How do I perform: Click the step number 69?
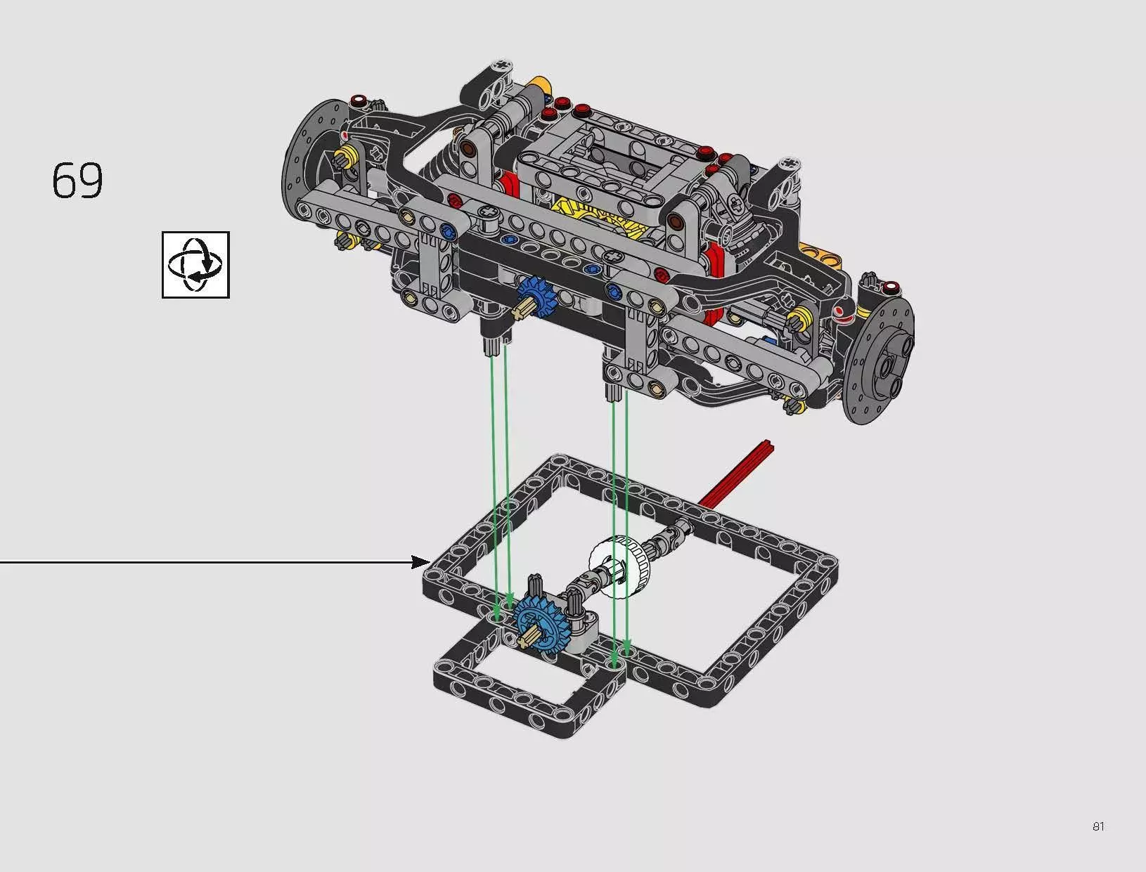click(77, 180)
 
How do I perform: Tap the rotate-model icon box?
click(195, 265)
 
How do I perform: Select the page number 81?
click(1098, 826)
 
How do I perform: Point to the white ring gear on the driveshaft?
click(622, 567)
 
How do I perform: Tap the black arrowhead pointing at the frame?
click(421, 562)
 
